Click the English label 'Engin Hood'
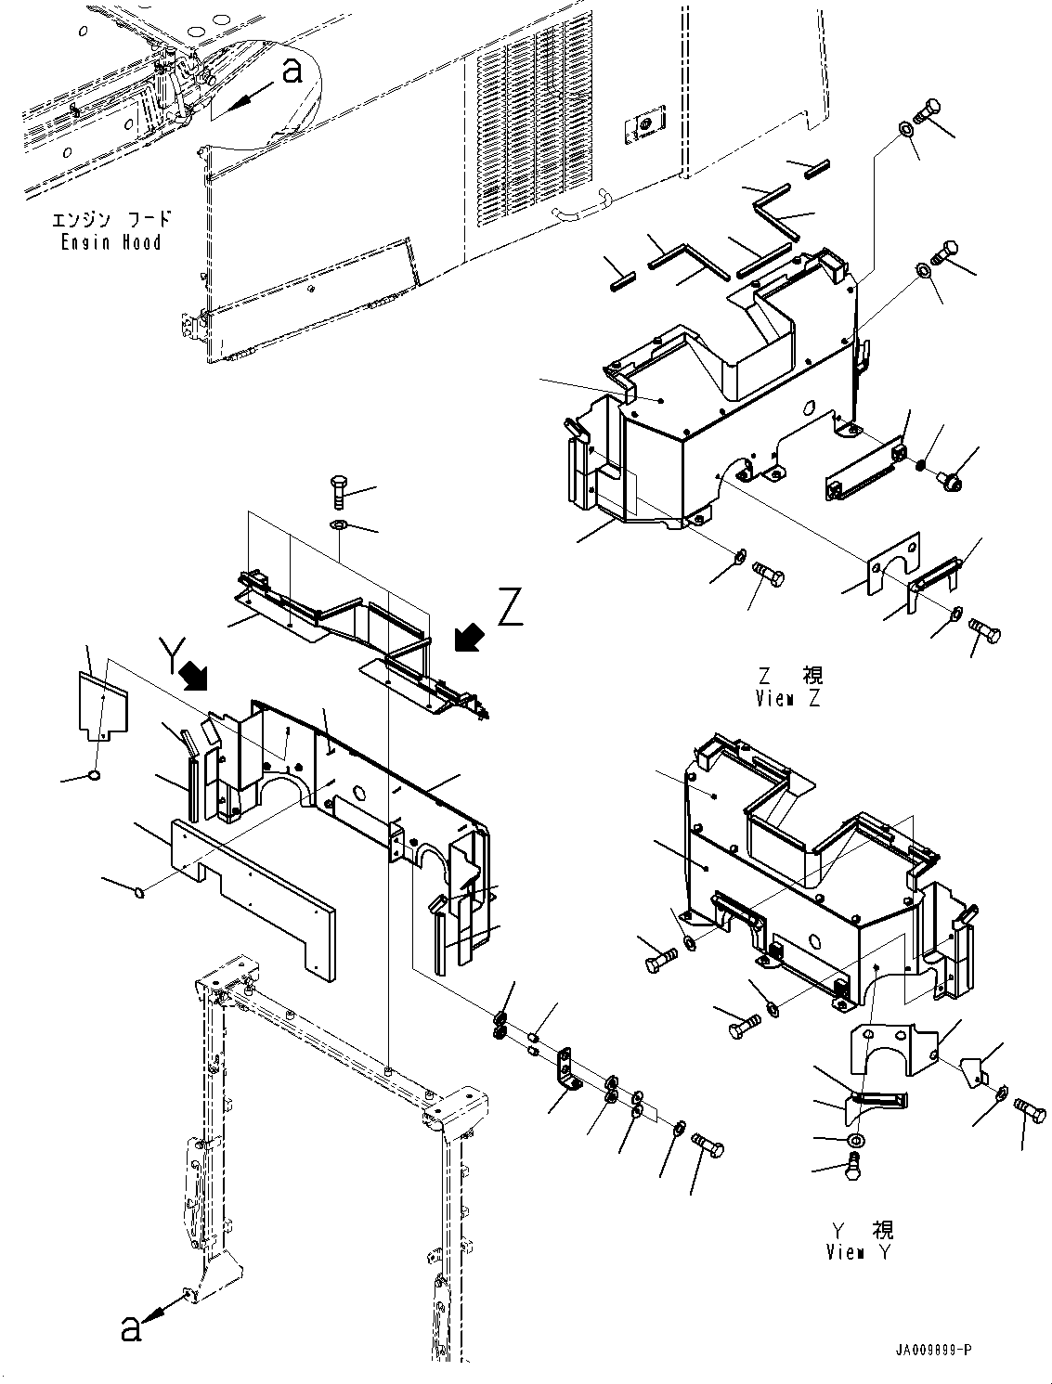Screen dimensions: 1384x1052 (111, 243)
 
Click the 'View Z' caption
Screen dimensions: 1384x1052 (788, 699)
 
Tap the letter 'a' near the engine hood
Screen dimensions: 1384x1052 (292, 71)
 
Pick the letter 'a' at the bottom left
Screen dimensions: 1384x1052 (132, 1328)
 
